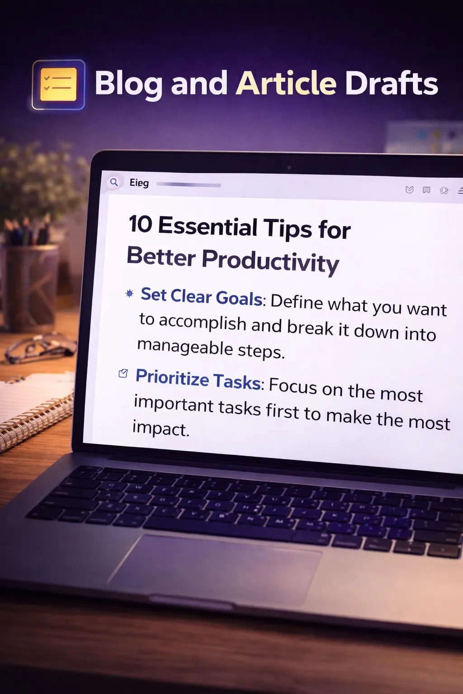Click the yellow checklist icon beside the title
pos(58,84)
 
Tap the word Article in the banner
pos(286,83)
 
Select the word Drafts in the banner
pos(392,83)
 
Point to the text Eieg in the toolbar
pos(139,183)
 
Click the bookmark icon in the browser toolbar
pos(426,190)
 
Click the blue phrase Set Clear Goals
pos(202,296)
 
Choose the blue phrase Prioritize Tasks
pos(198,379)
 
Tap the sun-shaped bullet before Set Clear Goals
pos(129,293)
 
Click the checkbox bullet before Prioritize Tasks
pos(123,373)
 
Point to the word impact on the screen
pos(161,428)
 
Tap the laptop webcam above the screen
pos(289,168)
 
